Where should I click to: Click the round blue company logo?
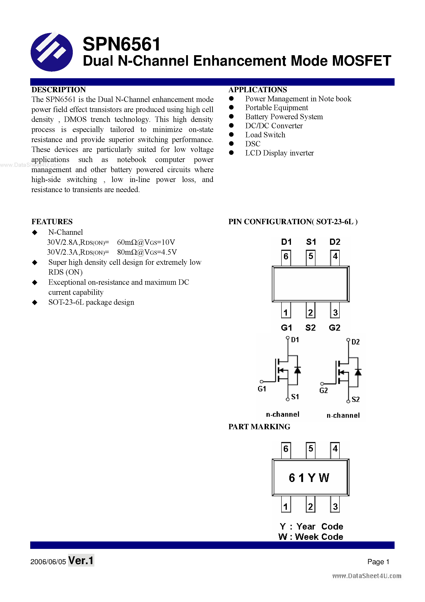point(52,52)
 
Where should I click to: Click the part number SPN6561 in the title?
point(121,44)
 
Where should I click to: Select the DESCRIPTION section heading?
point(59,90)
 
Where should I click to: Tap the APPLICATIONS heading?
point(258,90)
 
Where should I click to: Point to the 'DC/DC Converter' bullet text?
point(274,126)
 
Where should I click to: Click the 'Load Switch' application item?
point(265,135)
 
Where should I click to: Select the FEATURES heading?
point(52,222)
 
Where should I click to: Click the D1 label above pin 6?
point(286,242)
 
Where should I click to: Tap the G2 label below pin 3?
point(334,328)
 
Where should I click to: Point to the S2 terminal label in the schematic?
point(355,399)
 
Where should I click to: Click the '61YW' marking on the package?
point(309,478)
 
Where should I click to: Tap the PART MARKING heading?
point(259,427)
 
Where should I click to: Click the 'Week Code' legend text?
point(319,537)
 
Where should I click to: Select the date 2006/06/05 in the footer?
point(48,562)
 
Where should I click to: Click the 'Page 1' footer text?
point(378,562)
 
